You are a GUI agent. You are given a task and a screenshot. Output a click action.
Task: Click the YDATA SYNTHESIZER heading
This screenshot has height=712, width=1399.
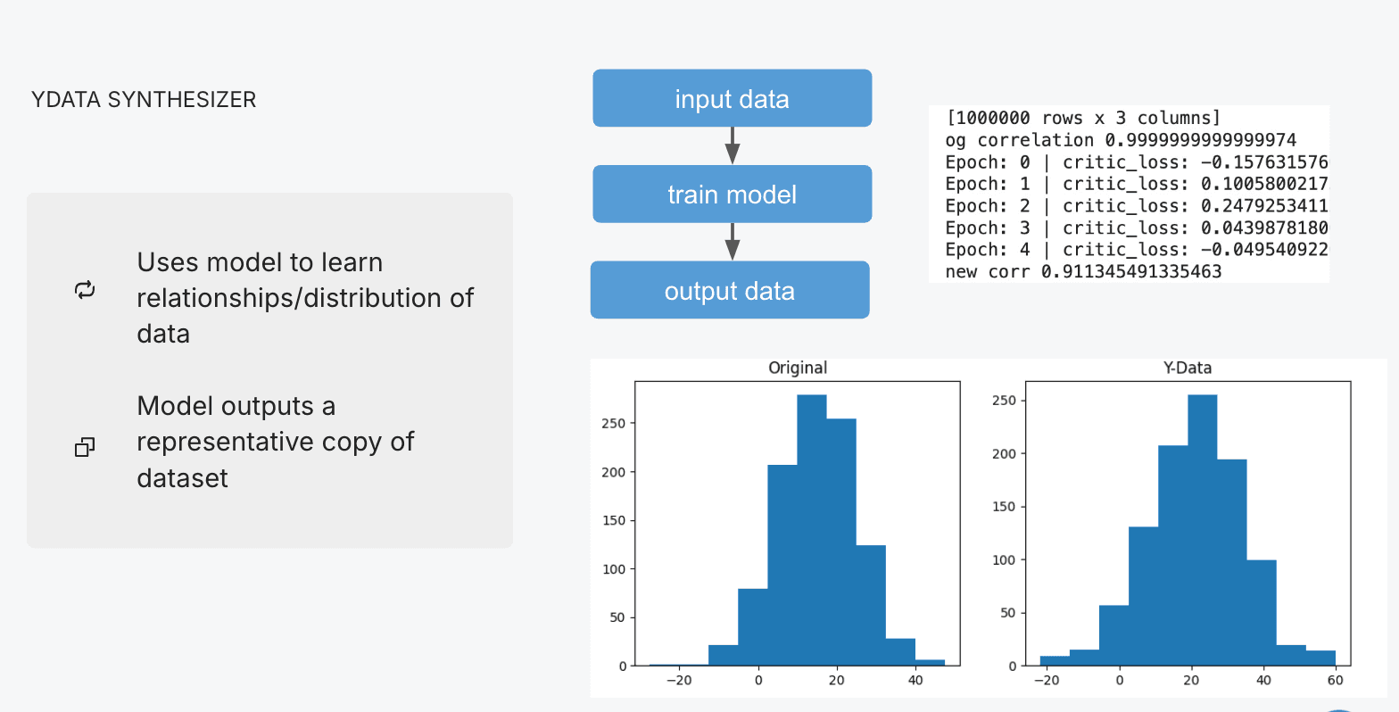pos(144,100)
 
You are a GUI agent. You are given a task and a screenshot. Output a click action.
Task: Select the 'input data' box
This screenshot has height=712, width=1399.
pos(732,98)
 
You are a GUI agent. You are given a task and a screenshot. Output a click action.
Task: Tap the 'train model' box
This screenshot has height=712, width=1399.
pos(732,195)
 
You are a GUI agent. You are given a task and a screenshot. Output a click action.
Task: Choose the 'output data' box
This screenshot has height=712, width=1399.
pos(730,290)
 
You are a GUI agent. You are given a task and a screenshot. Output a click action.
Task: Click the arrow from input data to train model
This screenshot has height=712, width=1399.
pos(732,146)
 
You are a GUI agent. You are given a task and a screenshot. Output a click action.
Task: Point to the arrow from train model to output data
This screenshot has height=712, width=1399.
pos(732,242)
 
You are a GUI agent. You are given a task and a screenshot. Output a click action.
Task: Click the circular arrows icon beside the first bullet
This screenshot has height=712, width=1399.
pos(85,290)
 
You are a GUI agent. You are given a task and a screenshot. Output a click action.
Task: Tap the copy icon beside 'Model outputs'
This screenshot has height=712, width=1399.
pos(85,446)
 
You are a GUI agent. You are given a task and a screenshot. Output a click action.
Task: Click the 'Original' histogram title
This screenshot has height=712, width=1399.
pos(798,368)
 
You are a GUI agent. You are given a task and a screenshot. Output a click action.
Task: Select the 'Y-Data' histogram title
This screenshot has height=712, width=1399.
pos(1188,368)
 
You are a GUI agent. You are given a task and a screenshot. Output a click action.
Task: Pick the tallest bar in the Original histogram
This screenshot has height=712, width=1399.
pos(812,530)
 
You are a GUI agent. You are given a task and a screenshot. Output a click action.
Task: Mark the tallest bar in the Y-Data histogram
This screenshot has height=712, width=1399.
pos(1203,530)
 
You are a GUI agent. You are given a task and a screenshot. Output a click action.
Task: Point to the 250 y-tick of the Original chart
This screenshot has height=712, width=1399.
pos(613,424)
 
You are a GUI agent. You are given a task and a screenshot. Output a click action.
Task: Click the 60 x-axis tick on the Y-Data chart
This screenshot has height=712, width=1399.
pos(1336,680)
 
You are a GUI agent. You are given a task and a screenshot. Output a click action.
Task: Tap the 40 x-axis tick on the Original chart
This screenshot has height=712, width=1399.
pos(915,680)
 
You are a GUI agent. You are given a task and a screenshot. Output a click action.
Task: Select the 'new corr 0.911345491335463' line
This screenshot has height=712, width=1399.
pos(1083,271)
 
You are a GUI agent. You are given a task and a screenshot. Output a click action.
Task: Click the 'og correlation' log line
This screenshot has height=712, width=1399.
pos(1121,140)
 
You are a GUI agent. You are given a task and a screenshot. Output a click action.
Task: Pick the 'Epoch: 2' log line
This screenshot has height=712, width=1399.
pos(1137,206)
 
